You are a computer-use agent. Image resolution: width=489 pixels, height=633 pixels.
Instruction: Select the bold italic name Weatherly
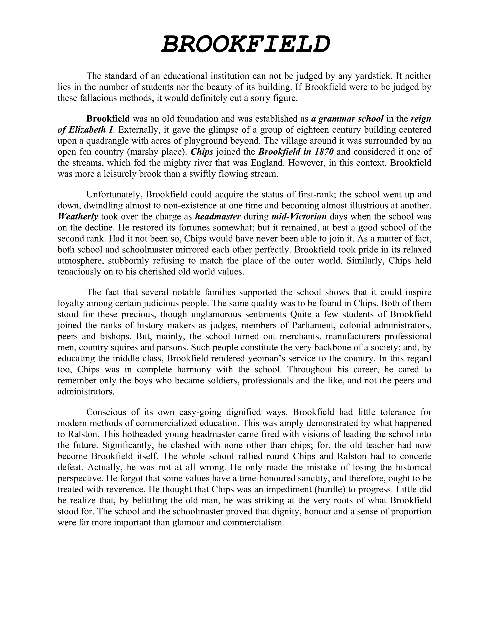click(78, 216)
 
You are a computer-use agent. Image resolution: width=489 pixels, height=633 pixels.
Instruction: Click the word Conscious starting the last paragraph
click(106, 412)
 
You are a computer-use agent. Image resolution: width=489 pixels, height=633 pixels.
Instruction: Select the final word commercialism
click(253, 522)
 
